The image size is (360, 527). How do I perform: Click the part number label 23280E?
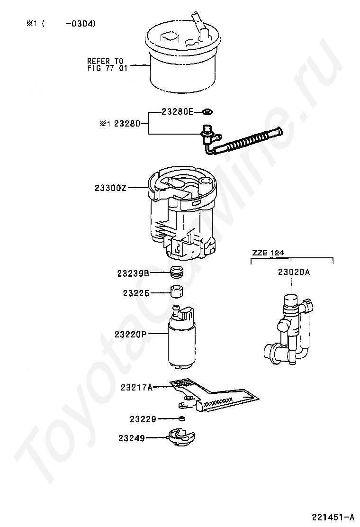pos(178,112)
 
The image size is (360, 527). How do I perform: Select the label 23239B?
pos(134,273)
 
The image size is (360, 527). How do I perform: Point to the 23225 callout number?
pos(136,293)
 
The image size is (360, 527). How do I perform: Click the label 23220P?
pos(130,335)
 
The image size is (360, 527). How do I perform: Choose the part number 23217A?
pos(136,387)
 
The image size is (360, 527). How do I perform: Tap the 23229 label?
pos(143,419)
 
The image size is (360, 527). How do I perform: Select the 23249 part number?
pos(131,438)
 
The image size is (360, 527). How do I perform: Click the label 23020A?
pos(294,272)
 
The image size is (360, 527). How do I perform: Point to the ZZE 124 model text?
pos(268,253)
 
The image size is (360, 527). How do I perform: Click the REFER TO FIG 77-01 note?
pos(105,64)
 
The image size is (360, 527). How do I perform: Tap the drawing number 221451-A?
pos(333,516)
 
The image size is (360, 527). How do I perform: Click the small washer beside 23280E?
pos(207,112)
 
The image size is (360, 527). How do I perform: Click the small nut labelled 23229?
pos(182,418)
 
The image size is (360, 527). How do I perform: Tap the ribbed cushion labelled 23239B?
pos(177,273)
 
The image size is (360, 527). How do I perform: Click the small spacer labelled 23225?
pos(177,290)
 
